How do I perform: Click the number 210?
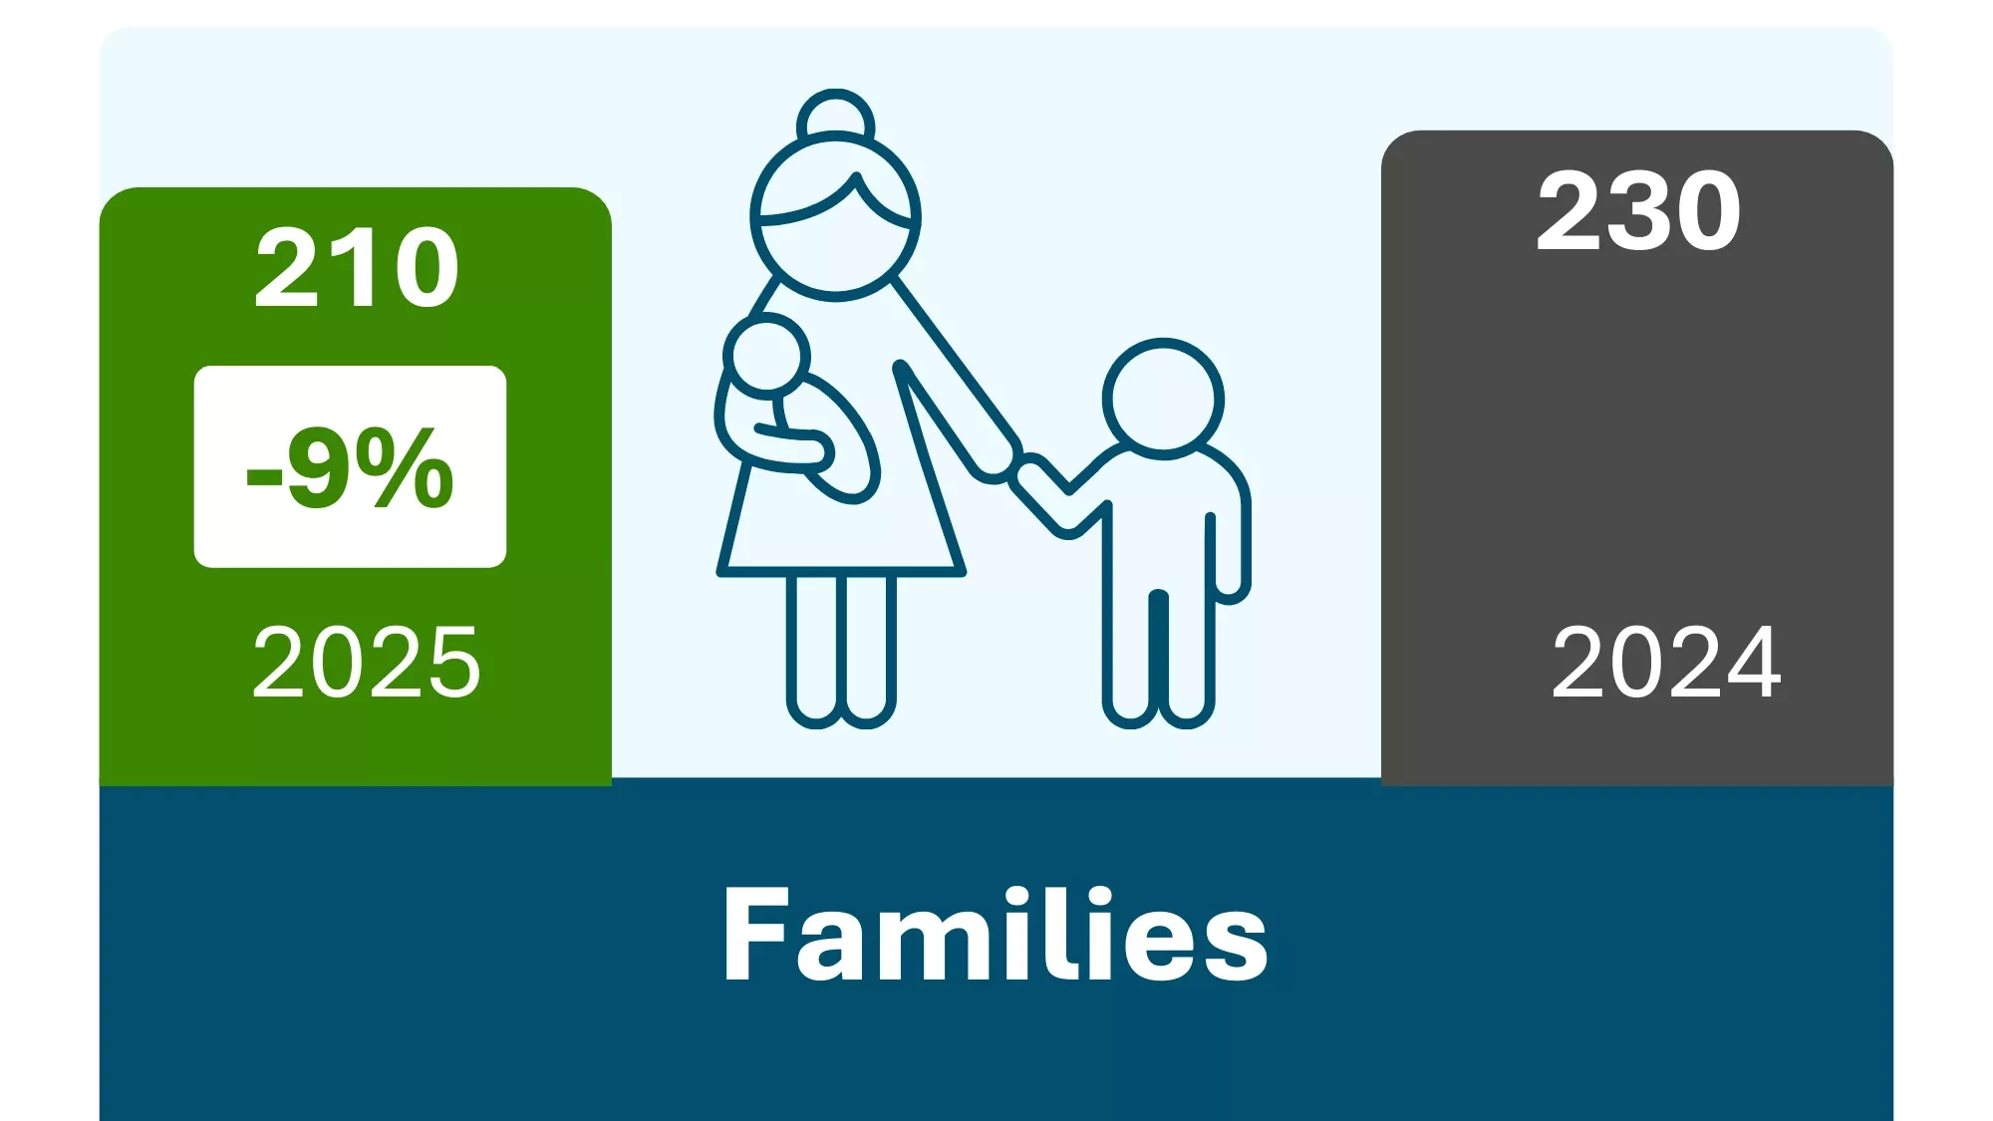tap(357, 267)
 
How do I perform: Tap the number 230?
tap(1638, 211)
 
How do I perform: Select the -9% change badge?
tap(350, 466)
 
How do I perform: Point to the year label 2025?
tap(366, 663)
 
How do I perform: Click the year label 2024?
tap(1666, 663)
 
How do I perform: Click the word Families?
tap(995, 935)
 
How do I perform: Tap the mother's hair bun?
tap(835, 118)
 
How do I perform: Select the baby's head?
tap(765, 356)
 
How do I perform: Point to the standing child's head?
tap(1163, 399)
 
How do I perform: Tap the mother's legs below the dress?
tap(840, 648)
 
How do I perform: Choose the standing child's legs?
tap(1158, 658)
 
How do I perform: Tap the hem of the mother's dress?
tap(840, 571)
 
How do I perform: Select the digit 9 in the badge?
tap(317, 466)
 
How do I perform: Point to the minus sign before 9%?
tap(264, 476)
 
